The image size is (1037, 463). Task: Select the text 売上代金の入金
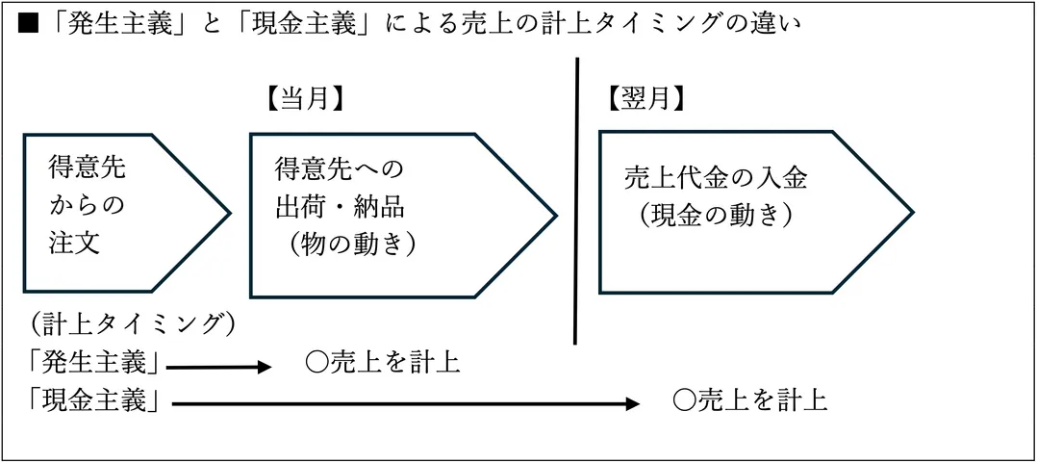[x=715, y=178]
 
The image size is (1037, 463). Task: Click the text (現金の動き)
[x=715, y=215]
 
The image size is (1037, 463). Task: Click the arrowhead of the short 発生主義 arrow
[x=266, y=367]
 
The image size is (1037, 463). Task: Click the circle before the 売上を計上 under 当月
[x=316, y=363]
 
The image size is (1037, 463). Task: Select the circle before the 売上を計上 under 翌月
[x=683, y=400]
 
